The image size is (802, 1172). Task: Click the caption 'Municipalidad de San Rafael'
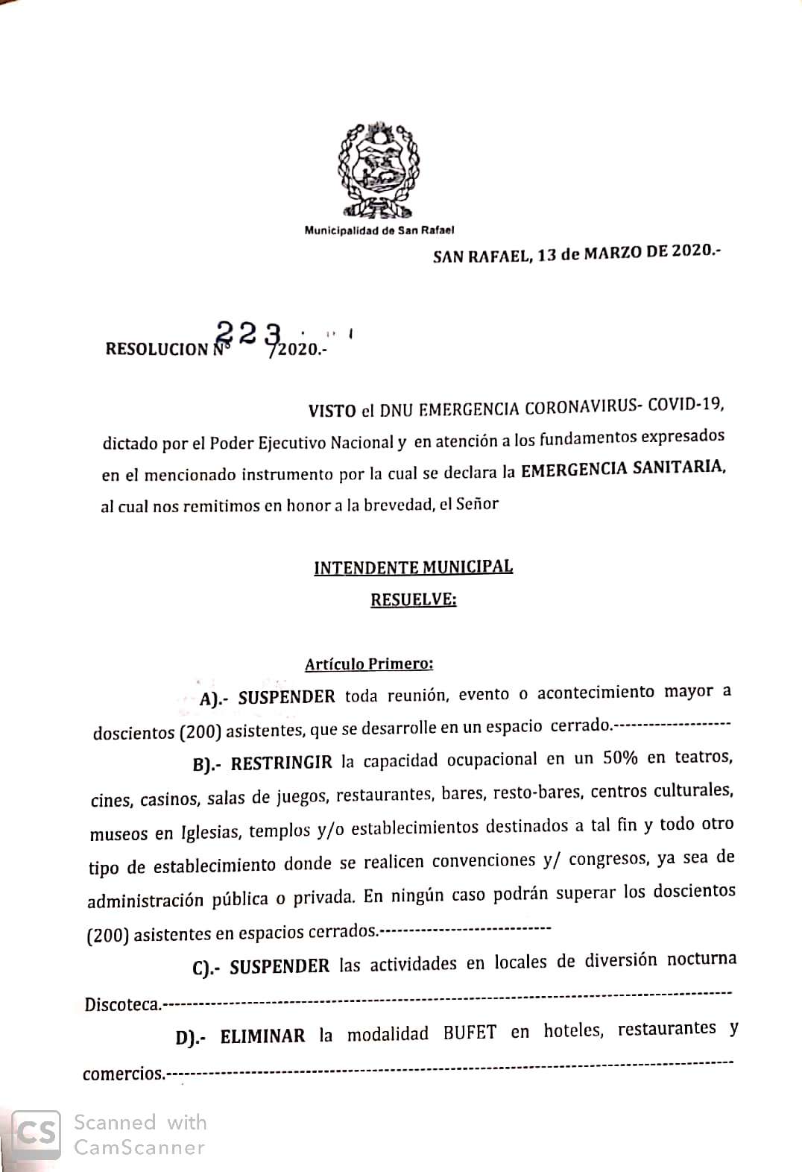point(379,230)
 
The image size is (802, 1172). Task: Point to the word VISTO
point(331,411)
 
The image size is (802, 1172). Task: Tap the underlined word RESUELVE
point(413,600)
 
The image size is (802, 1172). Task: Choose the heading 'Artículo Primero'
point(368,663)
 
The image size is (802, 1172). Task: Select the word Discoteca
point(121,1004)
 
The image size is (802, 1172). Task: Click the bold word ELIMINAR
point(262,1036)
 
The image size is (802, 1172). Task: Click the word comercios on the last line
point(122,1074)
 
